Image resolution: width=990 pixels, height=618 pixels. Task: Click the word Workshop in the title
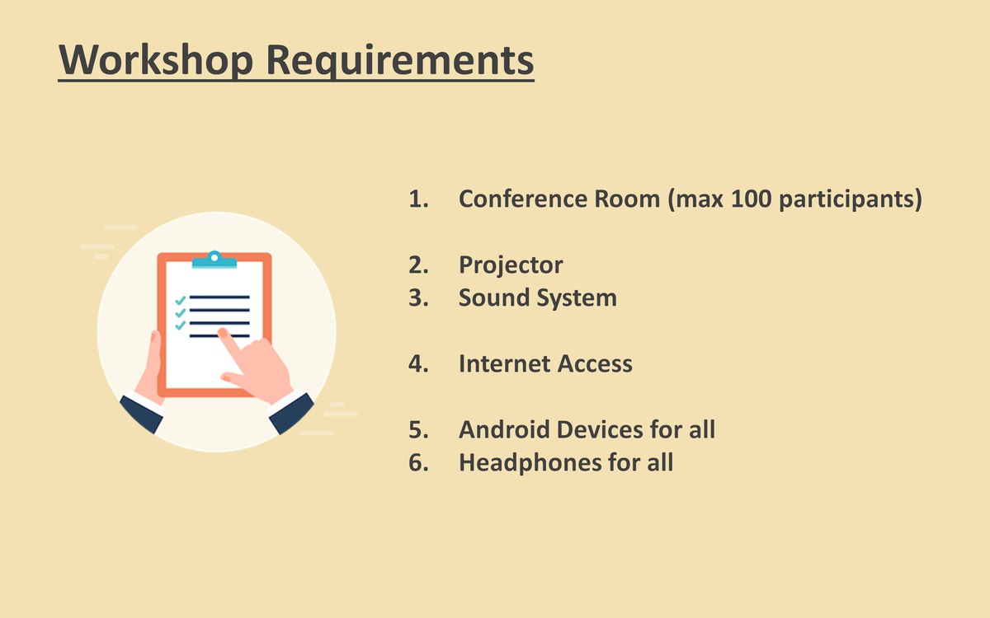tap(156, 60)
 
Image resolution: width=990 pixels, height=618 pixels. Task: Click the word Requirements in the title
tap(400, 61)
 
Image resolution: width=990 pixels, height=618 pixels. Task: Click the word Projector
tap(511, 265)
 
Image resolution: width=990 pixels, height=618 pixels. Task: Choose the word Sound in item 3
tap(490, 297)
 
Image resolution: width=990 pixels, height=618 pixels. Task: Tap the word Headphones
tap(530, 463)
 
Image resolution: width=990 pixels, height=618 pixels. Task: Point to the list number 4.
tap(418, 363)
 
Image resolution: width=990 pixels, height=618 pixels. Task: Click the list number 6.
tap(418, 462)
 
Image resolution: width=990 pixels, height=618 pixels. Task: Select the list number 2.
tap(418, 265)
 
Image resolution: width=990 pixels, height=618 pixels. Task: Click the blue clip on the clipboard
tap(214, 260)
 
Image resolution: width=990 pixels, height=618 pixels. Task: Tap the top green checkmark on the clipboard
tap(181, 301)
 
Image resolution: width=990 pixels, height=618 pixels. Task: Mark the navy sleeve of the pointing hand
tap(291, 413)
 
